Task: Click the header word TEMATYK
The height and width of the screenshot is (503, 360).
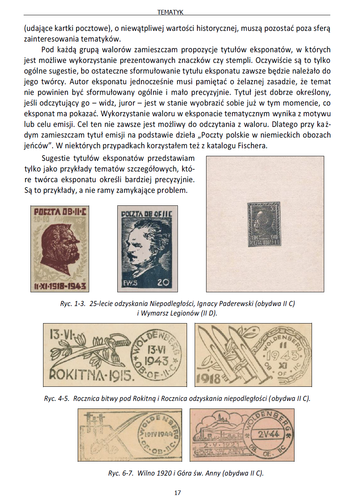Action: [x=170, y=12]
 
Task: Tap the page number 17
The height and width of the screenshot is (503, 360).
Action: [x=178, y=493]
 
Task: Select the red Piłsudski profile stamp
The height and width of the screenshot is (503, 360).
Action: [x=60, y=249]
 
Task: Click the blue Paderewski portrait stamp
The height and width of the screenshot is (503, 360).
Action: [x=147, y=249]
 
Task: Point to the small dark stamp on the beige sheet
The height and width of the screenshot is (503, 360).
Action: [x=264, y=224]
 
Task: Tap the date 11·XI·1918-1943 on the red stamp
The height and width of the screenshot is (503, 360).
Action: [x=60, y=286]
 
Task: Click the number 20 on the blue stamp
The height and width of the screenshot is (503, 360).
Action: [x=163, y=283]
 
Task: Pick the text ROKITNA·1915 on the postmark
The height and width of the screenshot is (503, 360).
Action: [x=91, y=375]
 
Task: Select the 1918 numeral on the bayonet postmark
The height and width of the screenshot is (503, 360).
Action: [x=208, y=378]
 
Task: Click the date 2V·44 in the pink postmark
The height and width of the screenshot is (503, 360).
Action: [x=269, y=434]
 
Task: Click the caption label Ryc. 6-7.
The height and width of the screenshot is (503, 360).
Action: [x=120, y=473]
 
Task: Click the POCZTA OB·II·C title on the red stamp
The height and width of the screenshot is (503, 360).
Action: [x=60, y=212]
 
